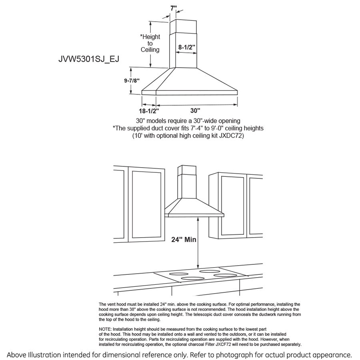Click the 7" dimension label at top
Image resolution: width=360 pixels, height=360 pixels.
point(173,8)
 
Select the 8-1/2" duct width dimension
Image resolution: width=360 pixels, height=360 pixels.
point(187,47)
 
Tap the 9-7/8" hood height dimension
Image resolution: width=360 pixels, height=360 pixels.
point(131,80)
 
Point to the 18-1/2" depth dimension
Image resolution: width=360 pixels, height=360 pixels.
point(149,110)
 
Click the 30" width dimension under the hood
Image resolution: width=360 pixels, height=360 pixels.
point(195,110)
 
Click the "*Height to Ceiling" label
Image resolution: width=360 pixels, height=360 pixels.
point(150,43)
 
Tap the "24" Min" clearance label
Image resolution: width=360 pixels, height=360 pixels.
point(184,240)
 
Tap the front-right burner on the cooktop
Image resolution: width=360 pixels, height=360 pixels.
point(224,275)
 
